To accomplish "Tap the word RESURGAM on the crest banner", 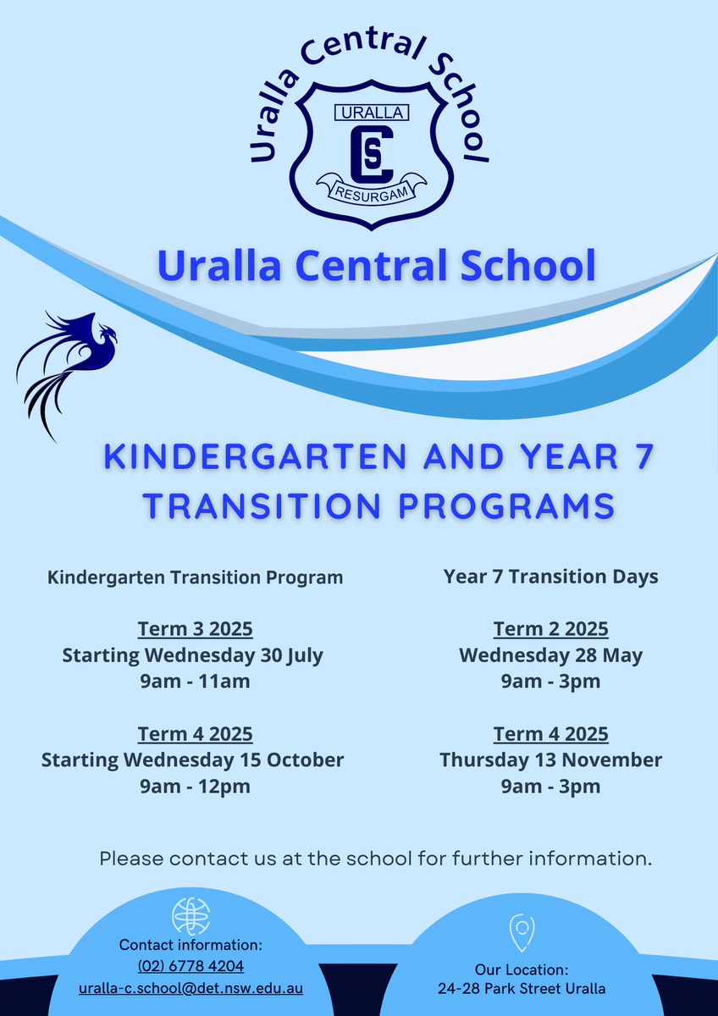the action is point(372,193).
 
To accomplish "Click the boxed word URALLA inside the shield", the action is point(372,113).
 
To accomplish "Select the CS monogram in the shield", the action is point(372,153).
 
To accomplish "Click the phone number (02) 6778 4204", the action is point(191,966).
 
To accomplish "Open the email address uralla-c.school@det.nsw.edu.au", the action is point(191,988).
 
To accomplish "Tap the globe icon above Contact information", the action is point(191,916).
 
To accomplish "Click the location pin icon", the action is point(522,932).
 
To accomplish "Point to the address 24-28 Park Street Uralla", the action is point(522,988).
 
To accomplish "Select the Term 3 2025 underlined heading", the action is point(195,629).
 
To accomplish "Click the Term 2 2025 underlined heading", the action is point(550,629).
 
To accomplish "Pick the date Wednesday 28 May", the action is point(550,656).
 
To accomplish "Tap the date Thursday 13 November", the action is point(550,759).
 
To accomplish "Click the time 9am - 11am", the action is point(195,682).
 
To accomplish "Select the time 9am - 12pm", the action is point(195,787).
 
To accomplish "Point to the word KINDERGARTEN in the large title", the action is point(255,456).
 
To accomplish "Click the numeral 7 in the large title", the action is point(645,456).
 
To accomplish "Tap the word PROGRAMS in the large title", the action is point(506,505).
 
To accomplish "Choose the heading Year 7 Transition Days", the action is point(550,577).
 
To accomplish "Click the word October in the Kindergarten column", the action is point(305,759).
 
